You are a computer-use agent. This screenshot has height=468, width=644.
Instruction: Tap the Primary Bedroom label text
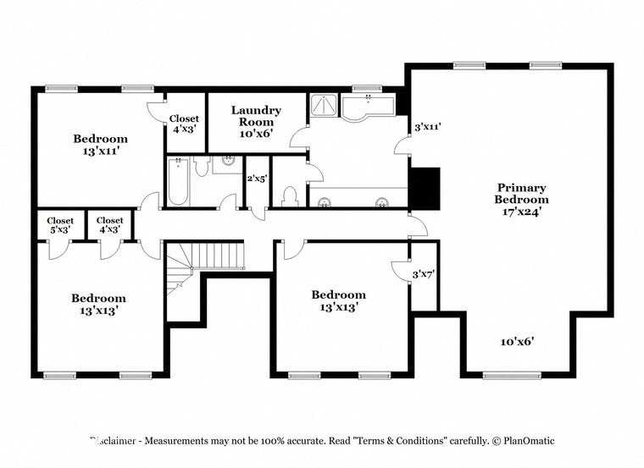521,199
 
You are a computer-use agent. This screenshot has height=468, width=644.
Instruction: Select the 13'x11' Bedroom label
100,145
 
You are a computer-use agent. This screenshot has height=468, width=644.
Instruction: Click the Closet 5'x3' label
60,224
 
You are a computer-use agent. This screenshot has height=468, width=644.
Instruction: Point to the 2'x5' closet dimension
256,179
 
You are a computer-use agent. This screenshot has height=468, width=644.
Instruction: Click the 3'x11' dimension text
427,127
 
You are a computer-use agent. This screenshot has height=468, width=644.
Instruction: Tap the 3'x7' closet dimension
423,274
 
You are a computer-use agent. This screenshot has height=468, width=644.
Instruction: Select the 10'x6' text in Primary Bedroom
516,341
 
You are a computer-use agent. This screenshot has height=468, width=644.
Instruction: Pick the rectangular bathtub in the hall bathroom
178,183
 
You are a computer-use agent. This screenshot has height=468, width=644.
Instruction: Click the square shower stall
323,105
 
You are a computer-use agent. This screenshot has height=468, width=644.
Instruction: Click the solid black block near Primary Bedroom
425,187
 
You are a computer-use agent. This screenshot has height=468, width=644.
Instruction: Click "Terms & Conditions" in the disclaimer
403,441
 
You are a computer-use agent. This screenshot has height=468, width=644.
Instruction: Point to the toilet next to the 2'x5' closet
289,196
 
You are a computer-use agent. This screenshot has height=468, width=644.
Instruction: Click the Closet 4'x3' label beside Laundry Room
183,124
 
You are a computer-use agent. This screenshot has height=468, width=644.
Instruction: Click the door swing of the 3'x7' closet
398,271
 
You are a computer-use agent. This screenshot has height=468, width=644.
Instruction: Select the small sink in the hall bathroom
228,160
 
